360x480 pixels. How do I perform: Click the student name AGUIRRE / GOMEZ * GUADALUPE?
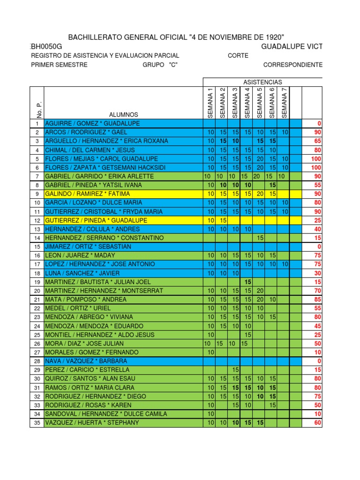click(x=86, y=123)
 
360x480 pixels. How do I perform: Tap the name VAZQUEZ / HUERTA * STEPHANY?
click(x=91, y=423)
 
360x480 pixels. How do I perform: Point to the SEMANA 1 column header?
click(x=210, y=103)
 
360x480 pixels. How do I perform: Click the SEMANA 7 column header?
click(x=284, y=103)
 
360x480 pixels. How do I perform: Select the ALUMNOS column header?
click(x=123, y=114)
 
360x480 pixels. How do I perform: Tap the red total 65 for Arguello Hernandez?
click(x=317, y=141)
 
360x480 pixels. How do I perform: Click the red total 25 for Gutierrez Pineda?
click(x=317, y=220)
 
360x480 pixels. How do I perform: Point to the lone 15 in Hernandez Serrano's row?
click(x=259, y=238)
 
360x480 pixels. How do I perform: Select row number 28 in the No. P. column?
click(x=37, y=361)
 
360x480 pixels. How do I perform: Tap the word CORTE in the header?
click(x=238, y=56)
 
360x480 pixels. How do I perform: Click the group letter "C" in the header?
click(x=173, y=65)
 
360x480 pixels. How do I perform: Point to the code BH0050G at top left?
click(x=46, y=46)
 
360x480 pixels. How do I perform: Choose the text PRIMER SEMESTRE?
click(x=59, y=65)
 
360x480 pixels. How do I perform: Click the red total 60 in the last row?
click(x=317, y=423)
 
